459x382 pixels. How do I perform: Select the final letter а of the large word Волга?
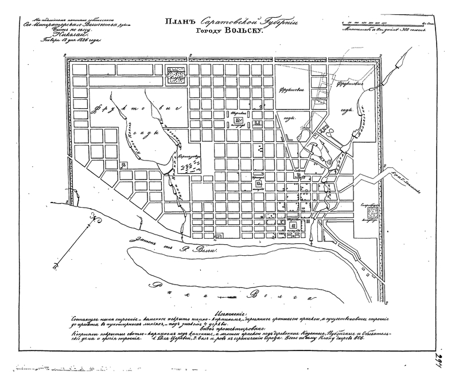click(x=309, y=298)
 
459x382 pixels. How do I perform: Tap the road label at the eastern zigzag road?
click(x=407, y=184)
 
